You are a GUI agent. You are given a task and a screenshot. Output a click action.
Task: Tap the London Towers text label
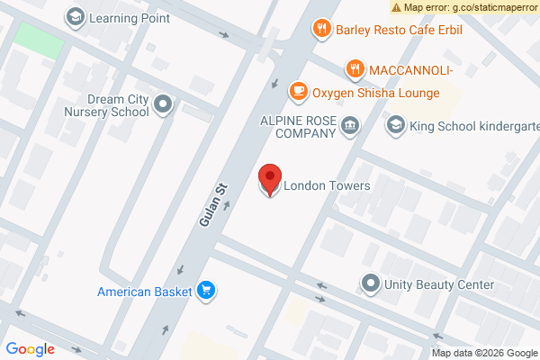(x=327, y=186)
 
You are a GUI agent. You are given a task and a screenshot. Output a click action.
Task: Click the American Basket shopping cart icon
(x=207, y=291)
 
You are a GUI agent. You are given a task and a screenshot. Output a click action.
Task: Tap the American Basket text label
(x=146, y=291)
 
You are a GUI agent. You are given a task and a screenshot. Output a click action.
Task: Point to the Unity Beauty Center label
(x=439, y=284)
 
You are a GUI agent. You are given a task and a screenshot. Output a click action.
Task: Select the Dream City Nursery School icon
(x=163, y=106)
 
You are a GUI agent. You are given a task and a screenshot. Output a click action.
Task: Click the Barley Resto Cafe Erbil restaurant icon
(x=322, y=29)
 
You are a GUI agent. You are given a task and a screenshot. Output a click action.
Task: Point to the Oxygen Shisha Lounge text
(x=375, y=93)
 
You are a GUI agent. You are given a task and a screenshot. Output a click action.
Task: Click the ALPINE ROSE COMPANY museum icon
(x=350, y=126)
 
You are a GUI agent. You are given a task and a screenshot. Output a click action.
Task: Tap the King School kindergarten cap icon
(x=395, y=126)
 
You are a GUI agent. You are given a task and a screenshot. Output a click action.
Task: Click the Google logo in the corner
(x=30, y=349)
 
